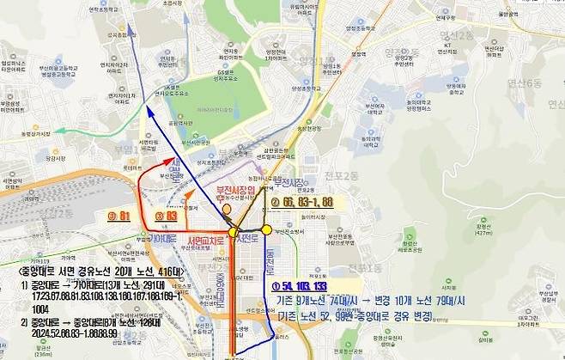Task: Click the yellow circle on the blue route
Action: [x=267, y=230]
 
